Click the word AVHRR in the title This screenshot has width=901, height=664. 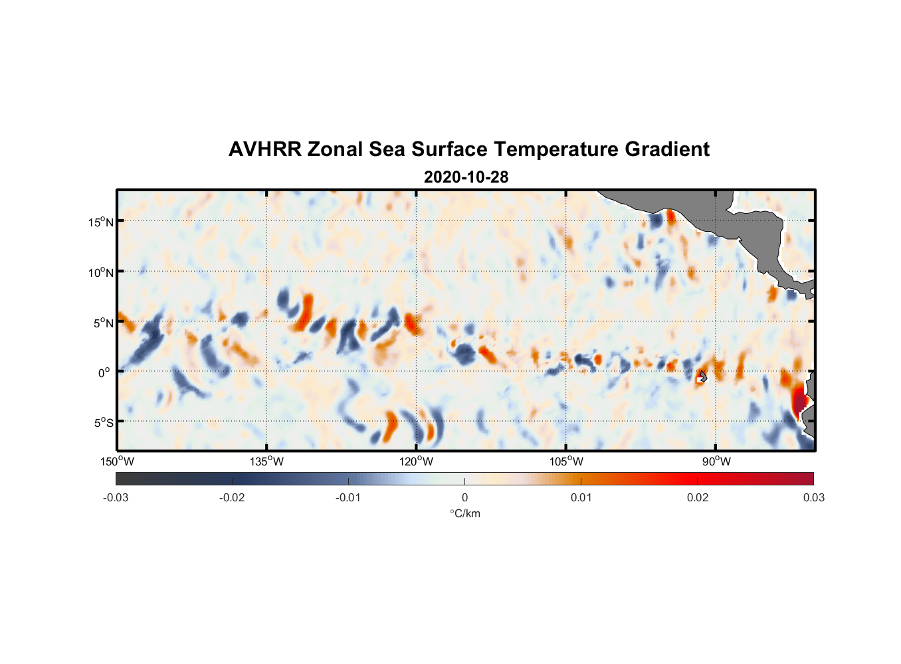(x=264, y=149)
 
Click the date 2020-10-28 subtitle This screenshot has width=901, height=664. (x=466, y=177)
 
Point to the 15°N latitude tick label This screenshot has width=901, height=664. (x=101, y=222)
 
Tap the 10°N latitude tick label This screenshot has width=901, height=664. (x=101, y=272)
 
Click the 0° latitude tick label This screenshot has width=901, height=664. (x=104, y=373)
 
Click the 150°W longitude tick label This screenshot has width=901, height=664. (x=118, y=461)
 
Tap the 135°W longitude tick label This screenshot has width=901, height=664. (x=267, y=461)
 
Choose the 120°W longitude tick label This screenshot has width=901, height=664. (x=417, y=461)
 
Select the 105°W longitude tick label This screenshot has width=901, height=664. (x=566, y=461)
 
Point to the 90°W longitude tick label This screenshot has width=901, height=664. (x=716, y=461)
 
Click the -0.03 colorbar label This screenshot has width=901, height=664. (x=116, y=497)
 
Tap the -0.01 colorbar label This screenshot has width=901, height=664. (x=348, y=497)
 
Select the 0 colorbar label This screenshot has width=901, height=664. (x=464, y=497)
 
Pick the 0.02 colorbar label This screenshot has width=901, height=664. (x=698, y=497)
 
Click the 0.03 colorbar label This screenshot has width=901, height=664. (x=813, y=497)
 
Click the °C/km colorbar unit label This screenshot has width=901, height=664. (x=464, y=513)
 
